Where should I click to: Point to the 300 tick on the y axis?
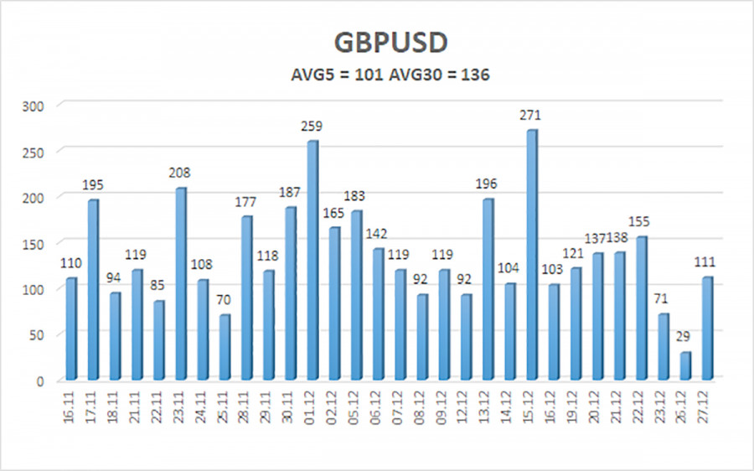pyautogui.click(x=38, y=105)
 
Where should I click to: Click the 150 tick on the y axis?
pyautogui.click(x=38, y=243)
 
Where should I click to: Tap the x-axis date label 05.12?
pyautogui.click(x=355, y=406)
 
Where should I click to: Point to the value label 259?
pyautogui.click(x=312, y=126)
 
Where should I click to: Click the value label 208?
pyautogui.click(x=180, y=173)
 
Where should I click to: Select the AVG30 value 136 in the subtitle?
pyautogui.click(x=475, y=75)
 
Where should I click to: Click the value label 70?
pyautogui.click(x=223, y=299)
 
